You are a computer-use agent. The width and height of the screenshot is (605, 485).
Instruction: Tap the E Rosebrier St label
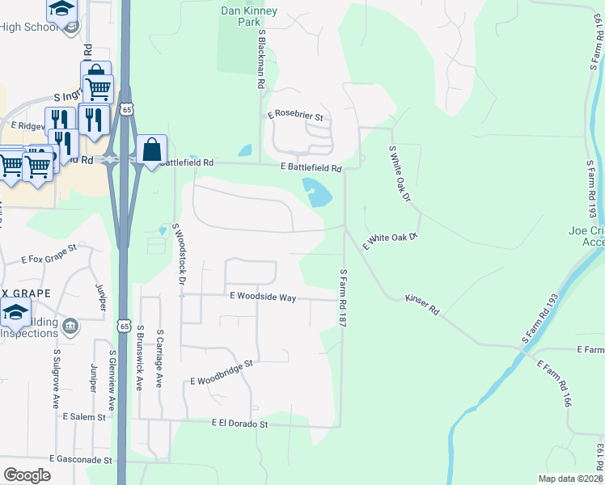pos(296,116)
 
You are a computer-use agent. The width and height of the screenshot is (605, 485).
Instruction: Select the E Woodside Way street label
pos(263,297)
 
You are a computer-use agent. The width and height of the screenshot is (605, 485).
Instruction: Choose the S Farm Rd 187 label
pos(344,297)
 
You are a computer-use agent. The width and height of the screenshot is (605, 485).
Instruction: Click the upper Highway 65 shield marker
pos(125,109)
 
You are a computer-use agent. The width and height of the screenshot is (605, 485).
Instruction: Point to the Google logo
pos(27,474)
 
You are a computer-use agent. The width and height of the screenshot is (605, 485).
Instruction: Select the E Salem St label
pos(84,416)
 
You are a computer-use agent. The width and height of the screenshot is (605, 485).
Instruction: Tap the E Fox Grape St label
pos(49,252)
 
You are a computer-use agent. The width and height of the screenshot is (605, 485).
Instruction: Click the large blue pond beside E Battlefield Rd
pos(317,193)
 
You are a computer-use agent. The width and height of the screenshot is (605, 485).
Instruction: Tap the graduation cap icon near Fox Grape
pos(15,312)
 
